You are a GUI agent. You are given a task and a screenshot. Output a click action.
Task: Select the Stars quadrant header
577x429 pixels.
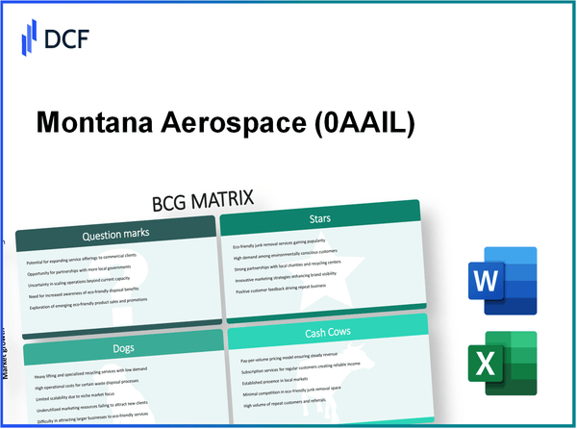point(320,219)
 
